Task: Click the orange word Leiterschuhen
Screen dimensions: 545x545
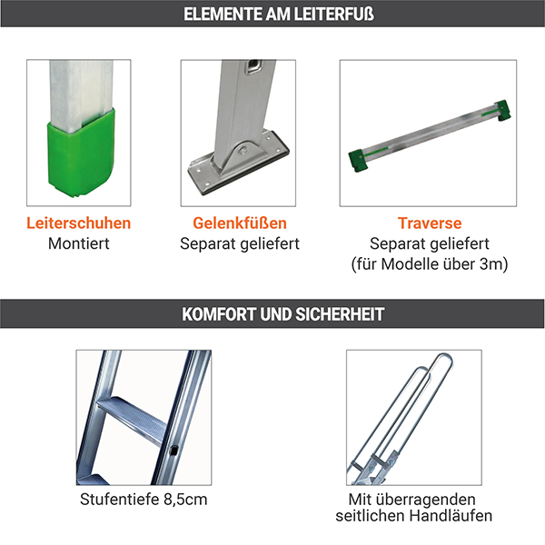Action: click(78, 223)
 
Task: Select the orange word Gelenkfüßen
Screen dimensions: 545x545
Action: click(240, 223)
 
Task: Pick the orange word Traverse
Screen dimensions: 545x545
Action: click(430, 223)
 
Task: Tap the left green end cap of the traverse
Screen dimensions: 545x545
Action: click(358, 160)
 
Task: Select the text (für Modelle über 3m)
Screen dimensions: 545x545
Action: click(430, 264)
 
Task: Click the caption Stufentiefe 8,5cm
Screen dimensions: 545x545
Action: click(144, 500)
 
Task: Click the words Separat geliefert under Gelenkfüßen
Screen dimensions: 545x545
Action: click(240, 243)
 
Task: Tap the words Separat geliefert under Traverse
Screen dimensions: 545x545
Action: click(430, 243)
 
